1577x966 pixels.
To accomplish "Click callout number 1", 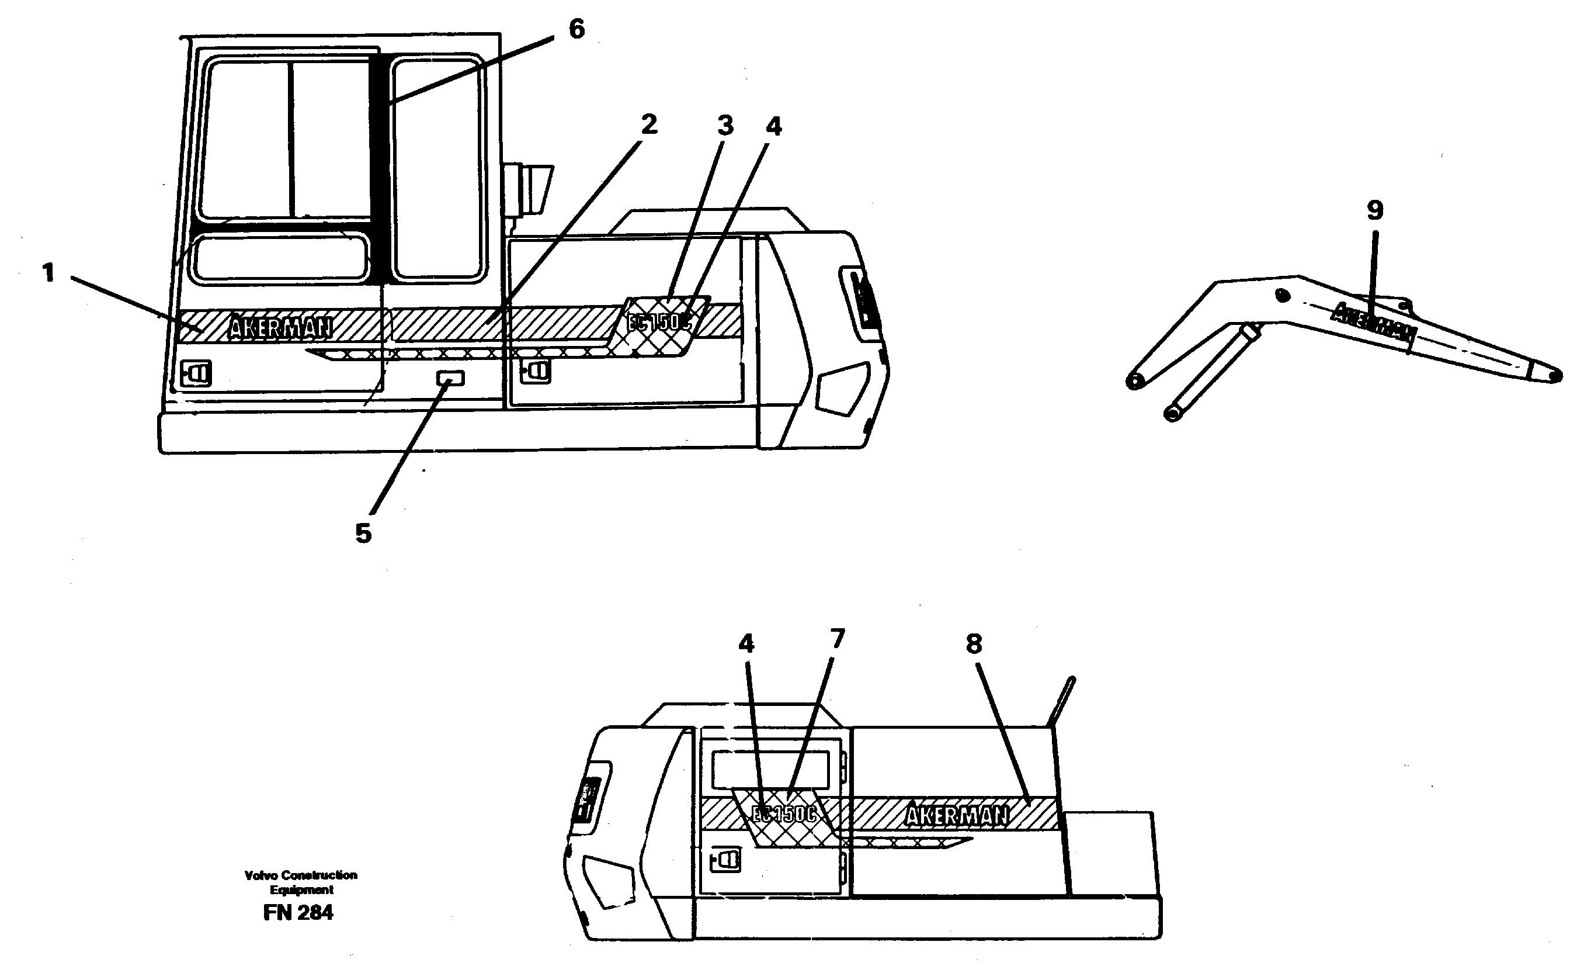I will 48,273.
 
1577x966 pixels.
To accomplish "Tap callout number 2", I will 649,125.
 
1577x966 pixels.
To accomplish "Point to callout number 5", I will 363,532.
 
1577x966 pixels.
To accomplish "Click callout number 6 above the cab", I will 576,29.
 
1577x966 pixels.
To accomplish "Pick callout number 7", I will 837,639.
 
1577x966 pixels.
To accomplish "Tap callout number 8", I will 974,644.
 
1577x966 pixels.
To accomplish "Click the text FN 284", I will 298,912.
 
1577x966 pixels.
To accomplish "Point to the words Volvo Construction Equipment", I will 301,882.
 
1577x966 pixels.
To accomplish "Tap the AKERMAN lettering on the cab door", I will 280,328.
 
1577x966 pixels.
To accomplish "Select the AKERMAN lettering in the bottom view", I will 957,815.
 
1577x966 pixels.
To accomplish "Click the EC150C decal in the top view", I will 659,323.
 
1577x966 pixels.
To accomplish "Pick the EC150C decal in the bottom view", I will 784,813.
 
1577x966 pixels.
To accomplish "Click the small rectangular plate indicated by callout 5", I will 450,378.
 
